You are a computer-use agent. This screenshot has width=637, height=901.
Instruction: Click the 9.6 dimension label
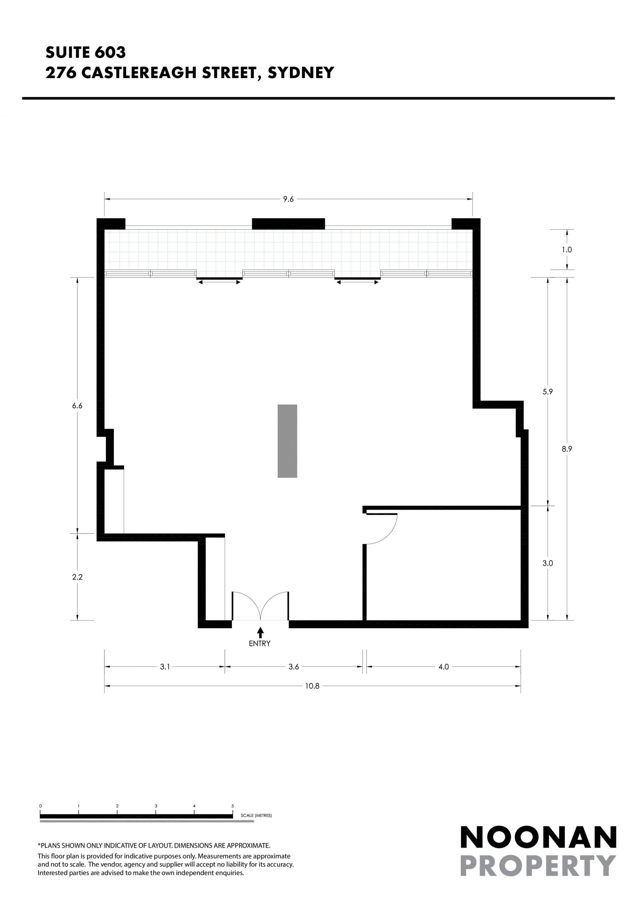click(288, 199)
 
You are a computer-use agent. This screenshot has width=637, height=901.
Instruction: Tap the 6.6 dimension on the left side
click(77, 406)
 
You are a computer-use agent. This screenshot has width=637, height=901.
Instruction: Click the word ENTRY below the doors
click(260, 643)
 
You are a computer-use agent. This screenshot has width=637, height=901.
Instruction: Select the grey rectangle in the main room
click(288, 441)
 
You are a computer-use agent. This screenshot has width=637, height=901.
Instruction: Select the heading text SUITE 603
click(86, 52)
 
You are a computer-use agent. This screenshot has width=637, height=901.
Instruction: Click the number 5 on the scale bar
click(233, 806)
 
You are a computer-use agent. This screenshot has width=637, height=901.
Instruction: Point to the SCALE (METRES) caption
click(256, 815)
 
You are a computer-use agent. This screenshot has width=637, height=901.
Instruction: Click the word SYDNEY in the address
click(301, 73)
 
